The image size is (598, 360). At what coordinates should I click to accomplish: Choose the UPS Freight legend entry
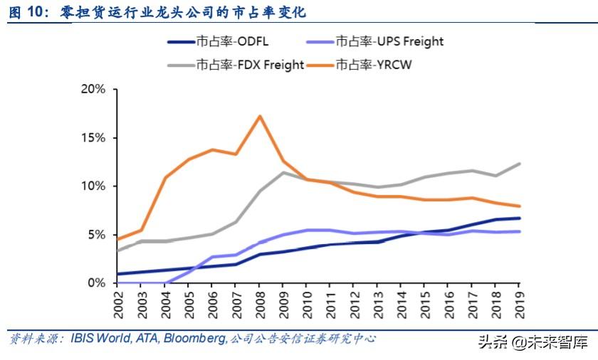point(389,41)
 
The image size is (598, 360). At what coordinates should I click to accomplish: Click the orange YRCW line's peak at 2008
point(261,116)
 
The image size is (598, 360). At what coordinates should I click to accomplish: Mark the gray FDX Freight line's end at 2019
point(518,164)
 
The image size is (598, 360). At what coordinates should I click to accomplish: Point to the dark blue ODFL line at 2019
point(518,218)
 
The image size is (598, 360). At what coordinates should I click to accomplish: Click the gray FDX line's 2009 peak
point(284,172)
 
